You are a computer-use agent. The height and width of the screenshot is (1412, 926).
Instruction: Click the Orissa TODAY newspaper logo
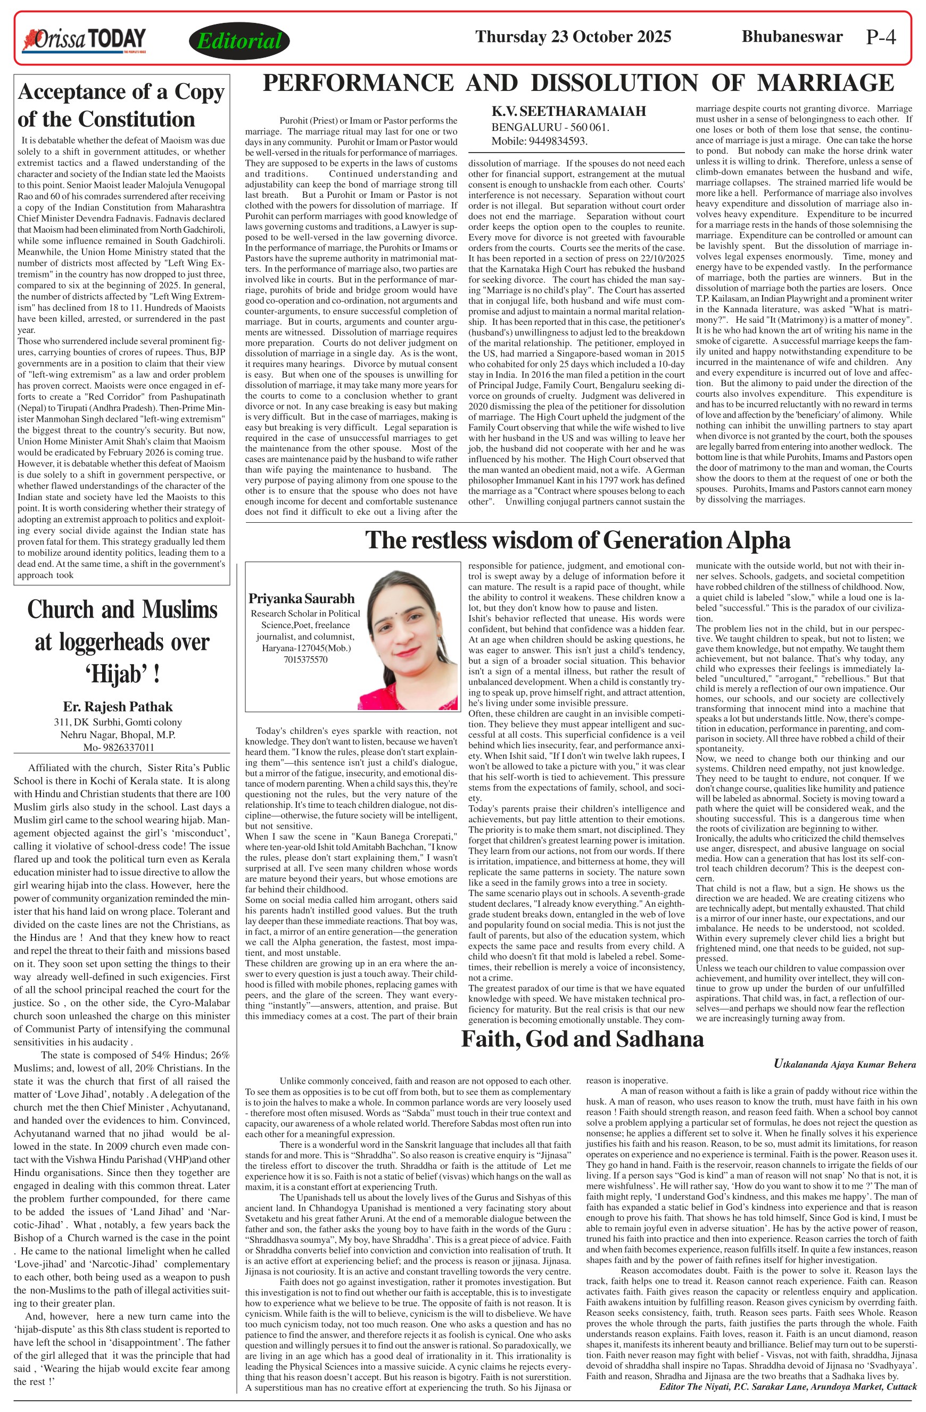click(84, 40)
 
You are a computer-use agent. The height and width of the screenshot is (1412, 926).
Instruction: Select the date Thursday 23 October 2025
click(573, 37)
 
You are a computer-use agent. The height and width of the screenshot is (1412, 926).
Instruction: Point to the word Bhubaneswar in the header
click(792, 37)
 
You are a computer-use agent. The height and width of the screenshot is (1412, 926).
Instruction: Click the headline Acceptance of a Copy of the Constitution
click(121, 106)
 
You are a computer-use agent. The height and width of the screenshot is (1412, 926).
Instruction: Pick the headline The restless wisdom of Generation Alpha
click(577, 540)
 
